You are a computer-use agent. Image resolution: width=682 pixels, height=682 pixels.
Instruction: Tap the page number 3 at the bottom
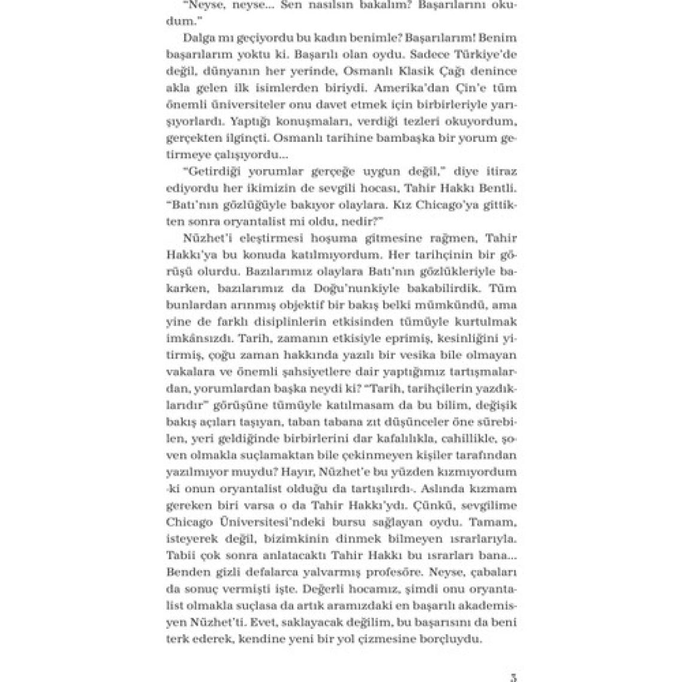[x=511, y=677]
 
